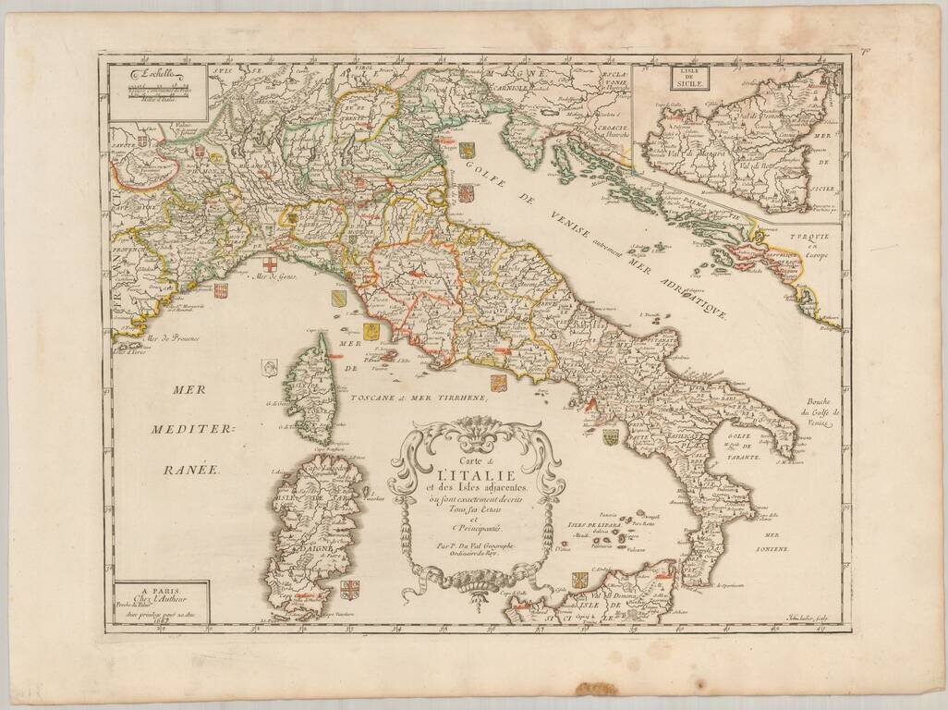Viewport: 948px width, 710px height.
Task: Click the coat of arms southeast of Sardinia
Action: point(350,589)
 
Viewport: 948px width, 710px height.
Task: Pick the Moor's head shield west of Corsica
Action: point(269,367)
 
